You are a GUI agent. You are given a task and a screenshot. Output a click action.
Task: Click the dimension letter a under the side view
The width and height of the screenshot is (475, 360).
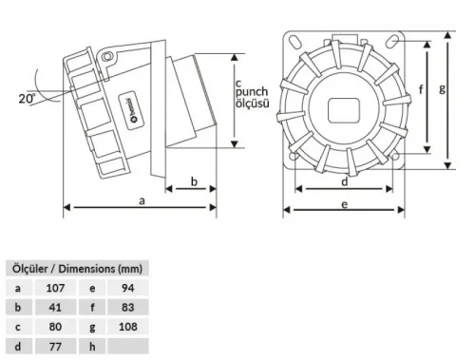(x=142, y=201)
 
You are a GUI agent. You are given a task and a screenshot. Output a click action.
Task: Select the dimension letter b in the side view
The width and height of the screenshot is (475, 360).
(x=194, y=180)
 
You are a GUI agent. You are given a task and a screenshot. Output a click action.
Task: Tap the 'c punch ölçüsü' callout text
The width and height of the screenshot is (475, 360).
(x=257, y=92)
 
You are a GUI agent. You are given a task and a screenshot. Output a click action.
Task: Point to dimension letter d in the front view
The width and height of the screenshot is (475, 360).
(x=343, y=180)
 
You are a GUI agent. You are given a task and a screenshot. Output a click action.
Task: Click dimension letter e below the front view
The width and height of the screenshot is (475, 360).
(x=343, y=202)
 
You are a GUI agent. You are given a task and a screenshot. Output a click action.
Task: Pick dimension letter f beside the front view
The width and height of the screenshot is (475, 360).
(x=420, y=91)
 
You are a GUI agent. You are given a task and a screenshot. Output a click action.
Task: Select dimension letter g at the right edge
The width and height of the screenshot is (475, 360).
(x=443, y=91)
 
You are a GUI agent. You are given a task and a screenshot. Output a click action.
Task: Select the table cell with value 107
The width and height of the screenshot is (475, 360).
(x=55, y=287)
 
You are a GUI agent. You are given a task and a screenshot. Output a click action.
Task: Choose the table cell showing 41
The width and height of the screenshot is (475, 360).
(x=55, y=307)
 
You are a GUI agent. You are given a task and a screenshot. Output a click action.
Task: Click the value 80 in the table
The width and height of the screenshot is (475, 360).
(x=55, y=327)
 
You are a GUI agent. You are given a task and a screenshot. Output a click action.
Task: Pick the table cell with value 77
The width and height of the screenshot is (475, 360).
(x=55, y=347)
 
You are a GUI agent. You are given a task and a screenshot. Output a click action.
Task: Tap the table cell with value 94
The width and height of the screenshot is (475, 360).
(x=128, y=287)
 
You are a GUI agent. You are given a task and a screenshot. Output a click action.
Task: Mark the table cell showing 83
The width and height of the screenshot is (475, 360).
(x=128, y=307)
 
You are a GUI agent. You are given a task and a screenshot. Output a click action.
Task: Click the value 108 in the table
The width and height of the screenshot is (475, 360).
(x=128, y=327)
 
